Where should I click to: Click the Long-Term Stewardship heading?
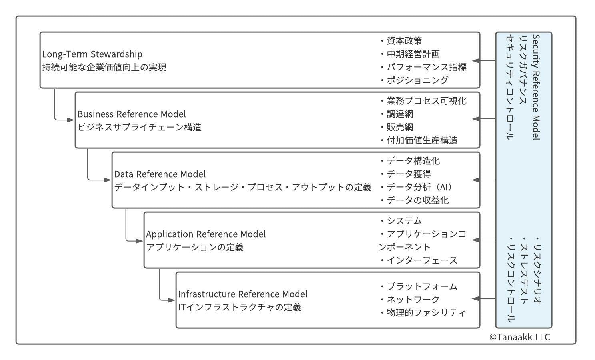click(92, 54)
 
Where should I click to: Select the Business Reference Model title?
click(132, 114)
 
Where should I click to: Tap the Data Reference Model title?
click(160, 174)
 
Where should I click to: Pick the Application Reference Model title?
click(206, 234)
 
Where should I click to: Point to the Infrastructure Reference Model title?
click(242, 294)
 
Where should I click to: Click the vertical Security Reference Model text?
click(536, 87)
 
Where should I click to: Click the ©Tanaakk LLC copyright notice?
click(519, 337)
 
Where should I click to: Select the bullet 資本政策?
click(401, 41)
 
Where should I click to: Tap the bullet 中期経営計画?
click(410, 54)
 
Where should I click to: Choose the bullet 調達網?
click(397, 114)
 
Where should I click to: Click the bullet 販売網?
click(397, 127)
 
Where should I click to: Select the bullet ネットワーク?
click(410, 300)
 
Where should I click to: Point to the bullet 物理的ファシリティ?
click(423, 313)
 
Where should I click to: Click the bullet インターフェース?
click(419, 260)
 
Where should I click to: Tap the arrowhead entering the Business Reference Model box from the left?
click(71, 120)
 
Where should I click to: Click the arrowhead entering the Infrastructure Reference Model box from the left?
click(172, 300)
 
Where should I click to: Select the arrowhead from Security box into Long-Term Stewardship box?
click(476, 61)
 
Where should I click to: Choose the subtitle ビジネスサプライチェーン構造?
click(140, 127)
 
